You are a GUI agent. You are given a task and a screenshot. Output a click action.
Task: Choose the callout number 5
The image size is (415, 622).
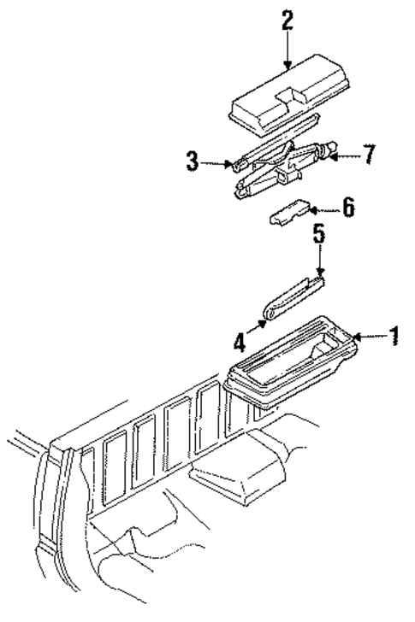coord(319,235)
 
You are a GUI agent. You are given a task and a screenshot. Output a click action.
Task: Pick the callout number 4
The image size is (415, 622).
coord(241,343)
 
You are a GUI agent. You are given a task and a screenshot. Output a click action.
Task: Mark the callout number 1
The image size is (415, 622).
coord(394,337)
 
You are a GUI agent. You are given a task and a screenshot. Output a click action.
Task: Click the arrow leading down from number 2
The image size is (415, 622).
coord(287,51)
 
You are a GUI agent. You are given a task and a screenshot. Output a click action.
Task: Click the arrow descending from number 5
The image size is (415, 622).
coord(320,261)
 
